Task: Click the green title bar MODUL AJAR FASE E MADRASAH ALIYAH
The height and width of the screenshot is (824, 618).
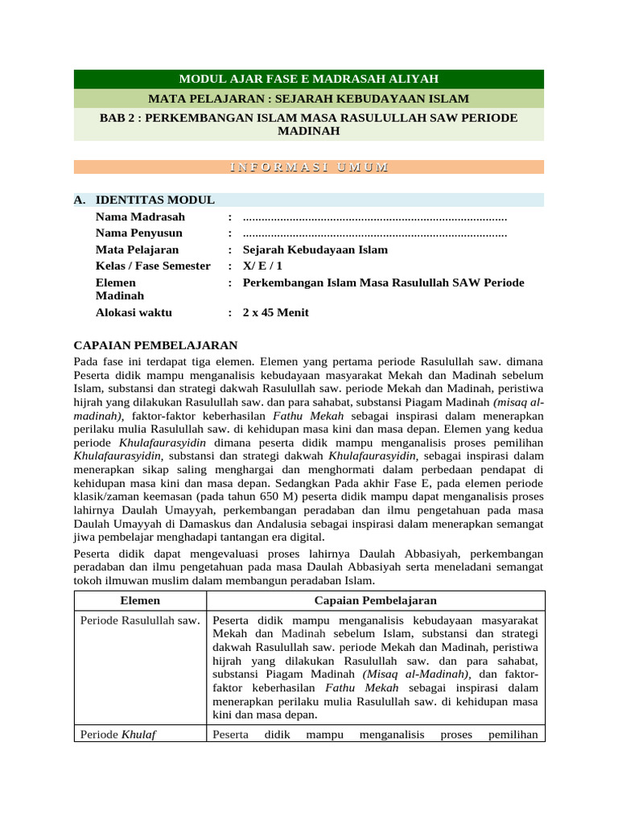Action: coord(309,79)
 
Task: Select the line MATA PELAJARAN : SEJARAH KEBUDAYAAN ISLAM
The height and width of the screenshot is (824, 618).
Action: coord(309,99)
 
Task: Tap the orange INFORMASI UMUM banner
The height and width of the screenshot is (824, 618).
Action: coord(309,167)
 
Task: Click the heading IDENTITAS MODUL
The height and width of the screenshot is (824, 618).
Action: coord(154,200)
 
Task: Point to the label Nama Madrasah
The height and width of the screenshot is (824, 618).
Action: coord(140,216)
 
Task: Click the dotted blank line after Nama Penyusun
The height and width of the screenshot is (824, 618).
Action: coord(374,233)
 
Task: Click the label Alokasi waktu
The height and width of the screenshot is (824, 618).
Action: coord(134,312)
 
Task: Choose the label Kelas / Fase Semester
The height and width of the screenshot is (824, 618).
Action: coord(153,266)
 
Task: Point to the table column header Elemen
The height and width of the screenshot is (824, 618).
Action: coord(140,600)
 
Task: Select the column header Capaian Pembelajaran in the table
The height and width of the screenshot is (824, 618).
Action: coord(375,600)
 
